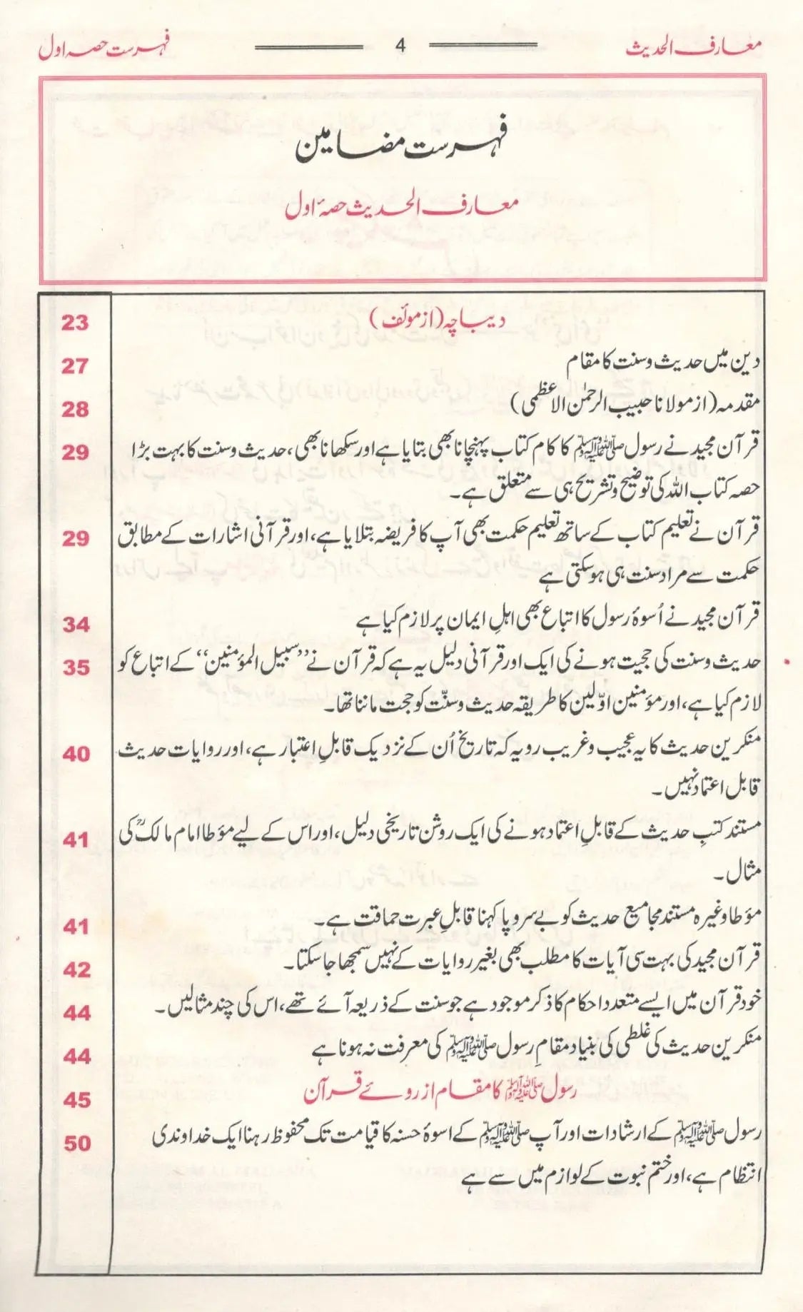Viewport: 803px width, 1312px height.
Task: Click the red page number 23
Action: [x=75, y=323]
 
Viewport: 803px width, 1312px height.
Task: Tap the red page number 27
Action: [x=75, y=367]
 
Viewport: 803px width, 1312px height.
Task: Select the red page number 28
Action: [x=75, y=410]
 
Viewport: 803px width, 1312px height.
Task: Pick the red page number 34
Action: [x=75, y=625]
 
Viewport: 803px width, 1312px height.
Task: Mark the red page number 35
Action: [x=75, y=668]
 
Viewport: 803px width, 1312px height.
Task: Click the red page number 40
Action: [x=75, y=755]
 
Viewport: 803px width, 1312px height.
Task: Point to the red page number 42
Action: [x=75, y=969]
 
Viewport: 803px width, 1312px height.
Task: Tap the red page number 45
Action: [x=75, y=1099]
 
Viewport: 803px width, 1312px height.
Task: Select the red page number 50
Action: [x=75, y=1143]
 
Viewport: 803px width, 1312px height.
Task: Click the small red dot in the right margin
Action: [x=786, y=663]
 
